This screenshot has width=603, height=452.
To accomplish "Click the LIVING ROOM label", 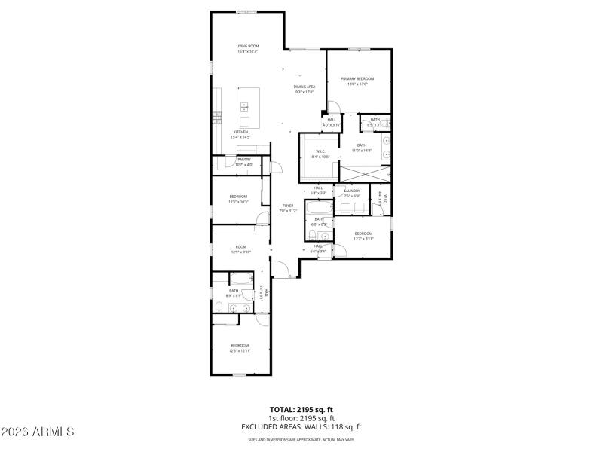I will click(248, 46).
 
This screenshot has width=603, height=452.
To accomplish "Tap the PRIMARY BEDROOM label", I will click(357, 78).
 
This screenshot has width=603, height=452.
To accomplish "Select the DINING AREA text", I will click(305, 87).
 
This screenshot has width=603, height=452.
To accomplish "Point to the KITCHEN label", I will click(240, 132).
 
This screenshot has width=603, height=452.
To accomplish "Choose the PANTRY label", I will click(244, 160).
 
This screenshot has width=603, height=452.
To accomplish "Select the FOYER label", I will click(288, 205).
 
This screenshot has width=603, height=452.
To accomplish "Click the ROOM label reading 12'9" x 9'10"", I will click(241, 247).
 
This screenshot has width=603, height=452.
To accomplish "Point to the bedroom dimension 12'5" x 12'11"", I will click(240, 350).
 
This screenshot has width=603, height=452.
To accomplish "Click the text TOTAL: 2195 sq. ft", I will click(301, 408).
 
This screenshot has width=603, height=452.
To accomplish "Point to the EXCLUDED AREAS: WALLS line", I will click(301, 426).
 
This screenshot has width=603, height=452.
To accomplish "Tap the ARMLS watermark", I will click(38, 432).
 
